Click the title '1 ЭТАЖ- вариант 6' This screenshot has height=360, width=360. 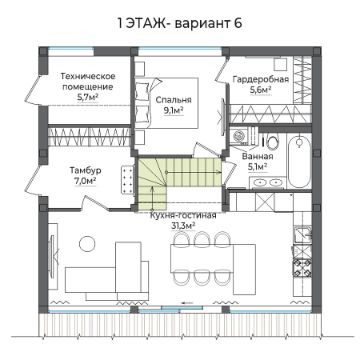tap(180, 23)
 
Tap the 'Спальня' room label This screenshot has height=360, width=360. tap(173, 100)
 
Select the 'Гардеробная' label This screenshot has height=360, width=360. tap(260, 79)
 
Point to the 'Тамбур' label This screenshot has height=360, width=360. tap(86, 170)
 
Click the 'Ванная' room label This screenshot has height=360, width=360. tap(258, 156)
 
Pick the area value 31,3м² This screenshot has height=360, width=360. tap(183, 226)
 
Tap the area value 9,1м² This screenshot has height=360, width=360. tap(174, 110)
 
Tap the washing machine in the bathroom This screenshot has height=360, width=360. tap(239, 135)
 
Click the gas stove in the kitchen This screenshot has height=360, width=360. tap(302, 266)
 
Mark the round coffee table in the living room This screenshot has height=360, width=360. tap(88, 243)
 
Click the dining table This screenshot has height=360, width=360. tap(203, 258)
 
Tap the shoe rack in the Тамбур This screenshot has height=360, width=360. tap(128, 179)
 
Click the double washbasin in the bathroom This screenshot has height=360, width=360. tap(267, 182)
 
